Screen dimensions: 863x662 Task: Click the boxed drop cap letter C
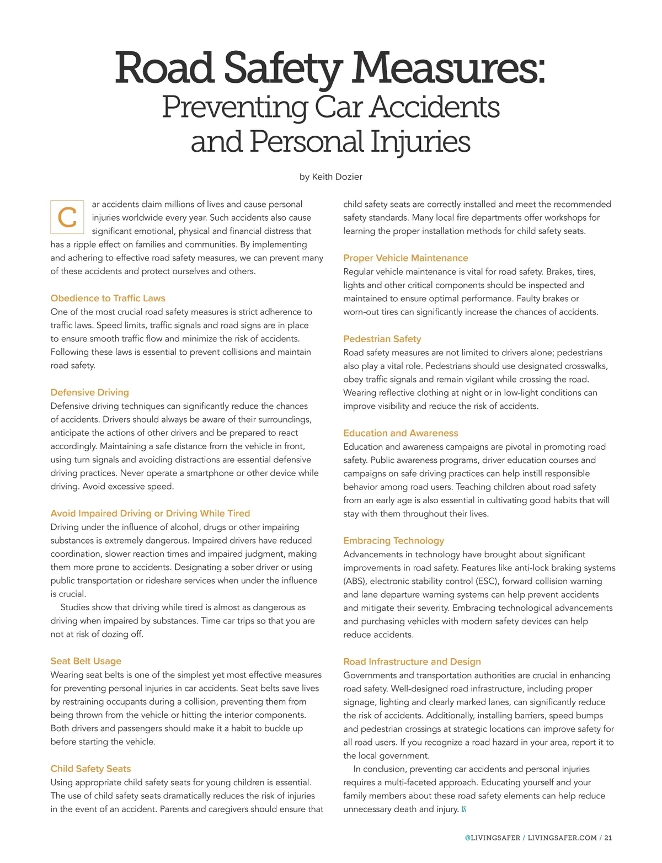pos(67,217)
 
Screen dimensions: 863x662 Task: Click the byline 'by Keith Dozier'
pos(330,177)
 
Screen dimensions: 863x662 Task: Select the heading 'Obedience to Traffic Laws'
pos(108,299)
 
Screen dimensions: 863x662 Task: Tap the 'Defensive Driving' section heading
pos(89,392)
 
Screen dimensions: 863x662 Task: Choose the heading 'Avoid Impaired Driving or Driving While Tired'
pos(150,513)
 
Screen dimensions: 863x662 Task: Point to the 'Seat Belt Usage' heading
pos(86,661)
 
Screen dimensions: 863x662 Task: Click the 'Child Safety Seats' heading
pos(90,769)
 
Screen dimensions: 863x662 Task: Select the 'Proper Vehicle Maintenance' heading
pos(405,258)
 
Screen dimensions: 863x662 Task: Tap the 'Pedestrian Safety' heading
pos(382,339)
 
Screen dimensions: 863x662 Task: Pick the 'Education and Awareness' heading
pos(401,433)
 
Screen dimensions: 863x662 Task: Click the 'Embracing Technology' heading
pos(393,541)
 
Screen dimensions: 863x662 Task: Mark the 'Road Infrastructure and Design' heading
pos(412,662)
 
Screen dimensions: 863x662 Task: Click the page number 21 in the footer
pos(608,838)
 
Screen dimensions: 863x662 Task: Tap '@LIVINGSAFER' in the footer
pos(492,838)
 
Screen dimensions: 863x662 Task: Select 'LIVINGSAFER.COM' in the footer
pos(562,838)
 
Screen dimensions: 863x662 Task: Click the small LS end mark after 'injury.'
pos(464,809)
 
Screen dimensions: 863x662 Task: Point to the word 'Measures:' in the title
pos(449,68)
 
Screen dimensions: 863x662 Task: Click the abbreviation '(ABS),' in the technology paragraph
pos(355,581)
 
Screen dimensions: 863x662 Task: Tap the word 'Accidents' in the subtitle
pos(435,107)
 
